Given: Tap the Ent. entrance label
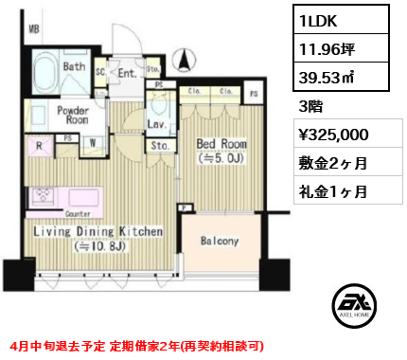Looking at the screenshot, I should click(127, 70).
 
